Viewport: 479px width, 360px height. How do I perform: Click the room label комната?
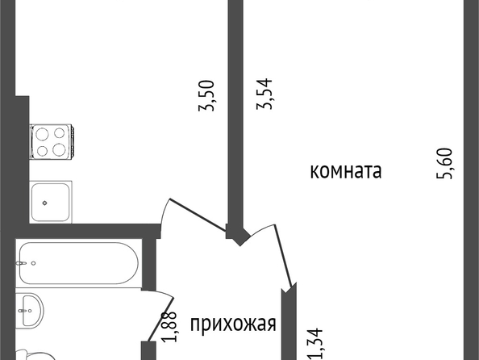(x=346, y=171)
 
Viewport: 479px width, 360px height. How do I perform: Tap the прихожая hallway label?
(x=233, y=324)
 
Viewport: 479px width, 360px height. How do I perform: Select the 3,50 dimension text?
(x=206, y=95)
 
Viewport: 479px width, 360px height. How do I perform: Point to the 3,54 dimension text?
(x=264, y=94)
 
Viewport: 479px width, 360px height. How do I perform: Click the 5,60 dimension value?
(x=444, y=163)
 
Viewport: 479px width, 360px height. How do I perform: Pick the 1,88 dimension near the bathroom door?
(x=169, y=326)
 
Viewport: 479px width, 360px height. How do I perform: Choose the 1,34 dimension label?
(x=315, y=344)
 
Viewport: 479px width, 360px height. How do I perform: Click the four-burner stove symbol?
(x=52, y=141)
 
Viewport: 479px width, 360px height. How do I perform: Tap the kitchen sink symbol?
(x=51, y=202)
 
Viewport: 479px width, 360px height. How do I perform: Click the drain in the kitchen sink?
(x=45, y=203)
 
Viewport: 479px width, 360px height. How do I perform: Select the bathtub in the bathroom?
(x=79, y=263)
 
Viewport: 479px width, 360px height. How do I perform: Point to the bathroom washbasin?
(x=30, y=310)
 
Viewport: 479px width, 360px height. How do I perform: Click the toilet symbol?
(x=35, y=355)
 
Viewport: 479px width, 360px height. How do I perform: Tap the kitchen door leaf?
(x=198, y=215)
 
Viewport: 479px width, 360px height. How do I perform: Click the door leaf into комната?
(x=284, y=255)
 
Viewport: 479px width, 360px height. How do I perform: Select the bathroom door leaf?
(x=161, y=319)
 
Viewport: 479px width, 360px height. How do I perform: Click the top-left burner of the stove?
(x=42, y=134)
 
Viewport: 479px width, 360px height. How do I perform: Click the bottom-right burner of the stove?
(x=59, y=149)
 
